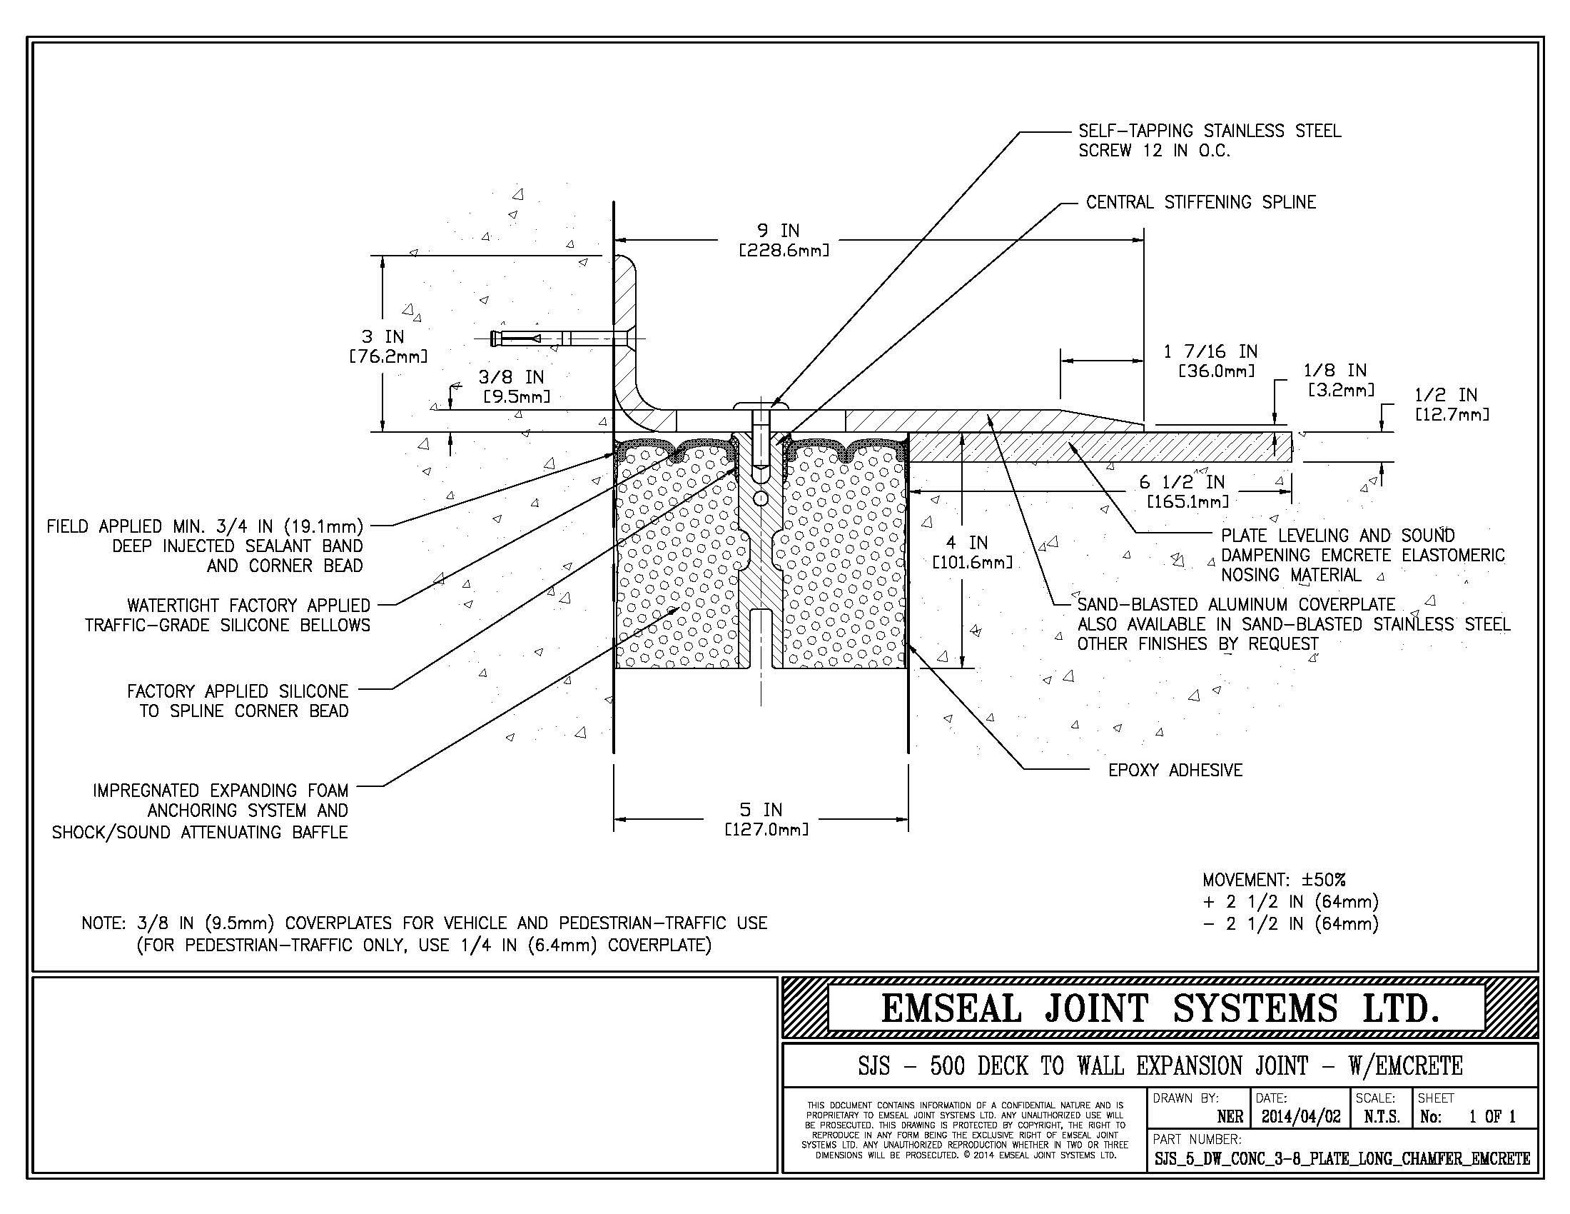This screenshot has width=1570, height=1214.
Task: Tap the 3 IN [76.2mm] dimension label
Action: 388,346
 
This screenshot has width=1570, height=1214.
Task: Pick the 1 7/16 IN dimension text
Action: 1210,361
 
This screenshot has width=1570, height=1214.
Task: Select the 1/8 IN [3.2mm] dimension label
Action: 1338,380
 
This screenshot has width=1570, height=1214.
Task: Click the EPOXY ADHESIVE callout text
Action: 1175,771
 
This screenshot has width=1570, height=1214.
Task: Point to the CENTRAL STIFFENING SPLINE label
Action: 1200,203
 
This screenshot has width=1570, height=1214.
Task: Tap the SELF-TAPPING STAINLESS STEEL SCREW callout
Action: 1209,141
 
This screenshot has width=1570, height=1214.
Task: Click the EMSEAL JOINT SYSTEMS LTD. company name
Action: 1159,1008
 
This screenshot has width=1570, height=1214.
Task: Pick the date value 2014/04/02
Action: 1300,1116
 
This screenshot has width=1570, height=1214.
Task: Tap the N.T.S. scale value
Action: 1381,1117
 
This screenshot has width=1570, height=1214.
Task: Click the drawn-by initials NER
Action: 1230,1117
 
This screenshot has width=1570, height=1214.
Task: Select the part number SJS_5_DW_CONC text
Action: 1342,1158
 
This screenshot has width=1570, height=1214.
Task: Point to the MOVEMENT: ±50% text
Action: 1273,880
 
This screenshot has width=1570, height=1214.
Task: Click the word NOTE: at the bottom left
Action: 104,923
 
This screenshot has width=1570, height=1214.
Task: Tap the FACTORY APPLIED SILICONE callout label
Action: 238,701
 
